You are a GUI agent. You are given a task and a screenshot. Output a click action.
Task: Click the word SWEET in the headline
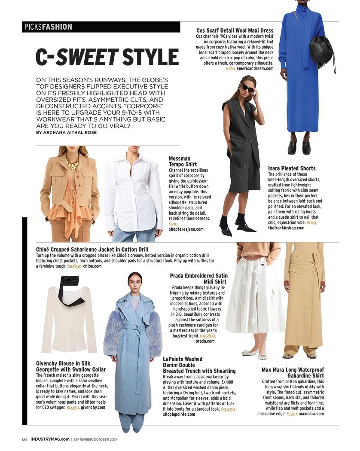87,57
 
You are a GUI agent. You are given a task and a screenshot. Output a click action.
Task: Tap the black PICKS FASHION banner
101,27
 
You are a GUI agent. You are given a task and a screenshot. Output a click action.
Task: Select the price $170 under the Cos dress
230,69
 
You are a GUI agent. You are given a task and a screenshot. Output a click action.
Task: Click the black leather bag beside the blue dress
321,50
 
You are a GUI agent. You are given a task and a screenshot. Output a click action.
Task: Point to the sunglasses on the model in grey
247,87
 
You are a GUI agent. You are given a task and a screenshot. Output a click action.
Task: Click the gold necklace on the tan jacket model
72,162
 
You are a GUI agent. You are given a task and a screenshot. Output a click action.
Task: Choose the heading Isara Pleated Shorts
292,168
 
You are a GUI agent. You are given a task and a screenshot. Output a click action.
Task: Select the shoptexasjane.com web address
186,229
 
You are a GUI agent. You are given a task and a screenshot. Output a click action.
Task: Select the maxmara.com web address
311,414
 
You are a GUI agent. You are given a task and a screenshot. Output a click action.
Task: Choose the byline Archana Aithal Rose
67,133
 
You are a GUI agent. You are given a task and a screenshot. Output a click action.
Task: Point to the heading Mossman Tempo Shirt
183,162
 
